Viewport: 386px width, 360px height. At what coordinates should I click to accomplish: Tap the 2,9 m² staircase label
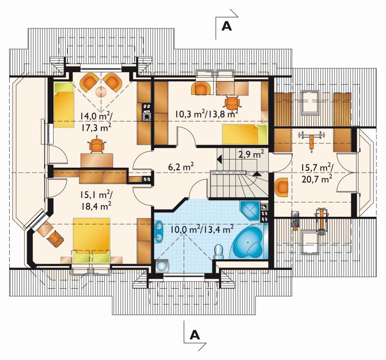point(251,155)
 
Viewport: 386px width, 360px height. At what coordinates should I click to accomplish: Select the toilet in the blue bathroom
point(218,252)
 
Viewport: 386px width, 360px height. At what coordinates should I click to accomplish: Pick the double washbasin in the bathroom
point(159,231)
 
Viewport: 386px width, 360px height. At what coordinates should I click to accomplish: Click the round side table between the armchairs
point(101,92)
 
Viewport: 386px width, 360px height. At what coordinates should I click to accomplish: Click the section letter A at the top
point(226,26)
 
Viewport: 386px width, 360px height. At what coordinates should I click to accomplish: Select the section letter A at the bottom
point(194,334)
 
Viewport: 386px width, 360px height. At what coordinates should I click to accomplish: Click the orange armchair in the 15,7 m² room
point(282,187)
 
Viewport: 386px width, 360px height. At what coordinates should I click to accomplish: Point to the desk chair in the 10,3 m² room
point(232,103)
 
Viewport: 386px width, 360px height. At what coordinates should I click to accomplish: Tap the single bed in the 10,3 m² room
point(245,134)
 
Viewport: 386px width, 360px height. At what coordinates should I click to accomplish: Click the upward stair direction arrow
point(257,174)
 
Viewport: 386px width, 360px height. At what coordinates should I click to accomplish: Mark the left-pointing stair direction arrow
point(220,159)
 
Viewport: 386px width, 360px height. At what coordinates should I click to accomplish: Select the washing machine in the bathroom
point(162,266)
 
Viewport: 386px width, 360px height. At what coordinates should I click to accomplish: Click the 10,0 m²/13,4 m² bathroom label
point(202,229)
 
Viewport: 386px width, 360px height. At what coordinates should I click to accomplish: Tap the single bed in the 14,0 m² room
point(64,105)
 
